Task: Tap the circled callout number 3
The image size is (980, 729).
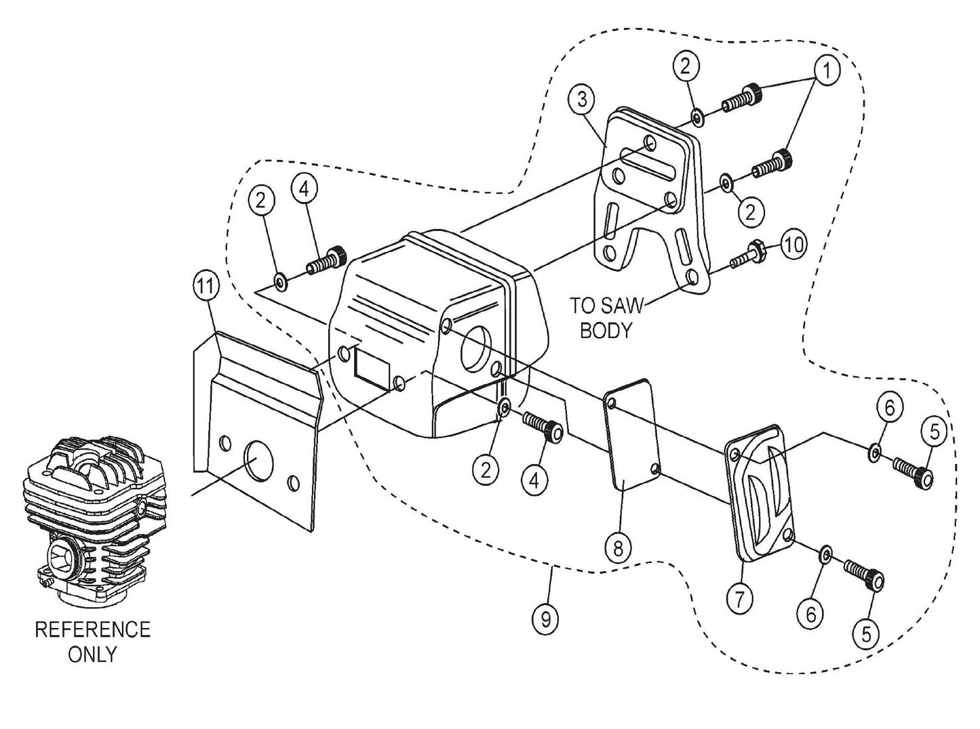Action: pos(583,100)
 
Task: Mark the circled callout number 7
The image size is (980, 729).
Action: pos(739,598)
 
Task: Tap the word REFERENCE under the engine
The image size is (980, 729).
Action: pos(92,629)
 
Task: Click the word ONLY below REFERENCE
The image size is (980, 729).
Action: pos(92,654)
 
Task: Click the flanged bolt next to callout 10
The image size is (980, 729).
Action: pos(748,256)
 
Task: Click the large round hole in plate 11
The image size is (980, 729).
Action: pos(254,459)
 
